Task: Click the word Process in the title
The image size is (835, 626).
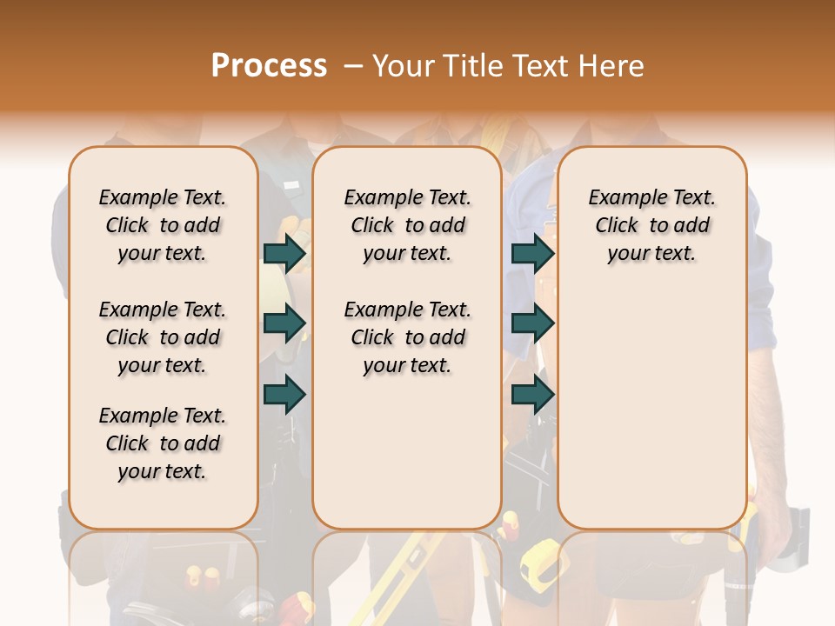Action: point(269,66)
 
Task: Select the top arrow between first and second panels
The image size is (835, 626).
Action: point(284,253)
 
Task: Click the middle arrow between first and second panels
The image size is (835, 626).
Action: point(284,323)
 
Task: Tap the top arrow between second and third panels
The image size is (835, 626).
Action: point(532,253)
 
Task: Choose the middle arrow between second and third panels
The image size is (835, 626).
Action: point(532,323)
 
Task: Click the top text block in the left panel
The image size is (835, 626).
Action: point(163,225)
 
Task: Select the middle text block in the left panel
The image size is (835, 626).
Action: point(163,337)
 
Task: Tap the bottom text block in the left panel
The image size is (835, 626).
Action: point(163,443)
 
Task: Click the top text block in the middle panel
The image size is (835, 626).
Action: point(407,225)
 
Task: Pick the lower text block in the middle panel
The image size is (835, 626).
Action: point(407,337)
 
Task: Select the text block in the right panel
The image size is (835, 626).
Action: point(651,225)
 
